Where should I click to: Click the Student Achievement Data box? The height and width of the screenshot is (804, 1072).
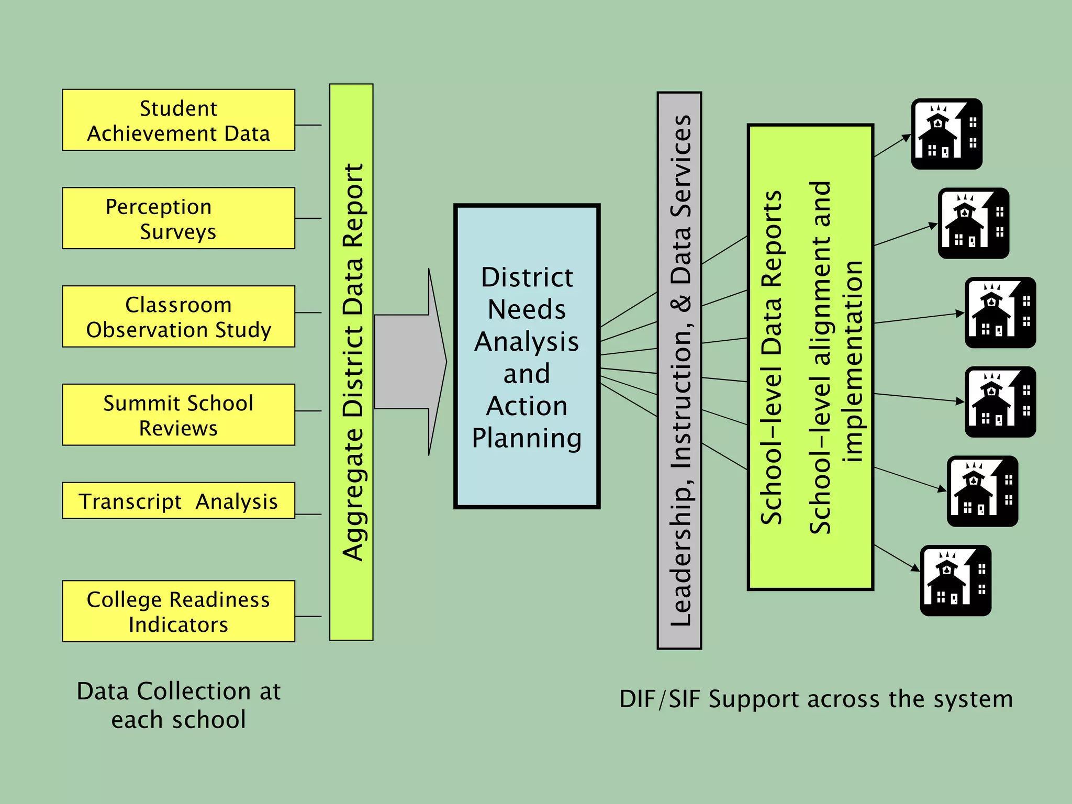pyautogui.click(x=178, y=120)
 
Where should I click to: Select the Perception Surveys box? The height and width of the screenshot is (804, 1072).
pyautogui.click(x=178, y=218)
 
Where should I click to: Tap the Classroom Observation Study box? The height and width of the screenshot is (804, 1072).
pyautogui.click(x=178, y=317)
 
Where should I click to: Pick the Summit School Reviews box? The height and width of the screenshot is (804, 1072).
pyautogui.click(x=178, y=415)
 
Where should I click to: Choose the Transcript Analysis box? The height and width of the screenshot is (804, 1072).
pyautogui.click(x=178, y=501)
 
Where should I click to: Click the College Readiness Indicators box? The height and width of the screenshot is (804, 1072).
pyautogui.click(x=178, y=611)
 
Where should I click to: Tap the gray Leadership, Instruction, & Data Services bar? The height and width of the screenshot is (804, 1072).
pyautogui.click(x=679, y=371)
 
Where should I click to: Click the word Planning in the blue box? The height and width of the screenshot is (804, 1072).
pyautogui.click(x=527, y=438)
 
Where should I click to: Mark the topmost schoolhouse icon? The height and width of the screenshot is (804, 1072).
pyautogui.click(x=946, y=134)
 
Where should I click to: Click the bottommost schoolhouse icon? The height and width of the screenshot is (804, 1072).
pyautogui.click(x=955, y=580)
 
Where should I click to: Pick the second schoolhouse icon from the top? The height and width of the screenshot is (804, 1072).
pyautogui.click(x=973, y=224)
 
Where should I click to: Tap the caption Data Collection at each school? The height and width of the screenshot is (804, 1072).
pyautogui.click(x=178, y=705)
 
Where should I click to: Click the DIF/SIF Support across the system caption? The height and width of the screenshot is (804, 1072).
pyautogui.click(x=816, y=699)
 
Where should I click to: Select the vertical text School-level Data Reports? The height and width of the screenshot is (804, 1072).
pyautogui.click(x=772, y=358)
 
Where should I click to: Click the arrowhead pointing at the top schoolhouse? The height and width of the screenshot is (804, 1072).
pyautogui.click(x=907, y=138)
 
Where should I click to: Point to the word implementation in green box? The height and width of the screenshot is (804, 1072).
pyautogui.click(x=853, y=361)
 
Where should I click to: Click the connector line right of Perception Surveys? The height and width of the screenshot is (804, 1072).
pyautogui.click(x=308, y=218)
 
